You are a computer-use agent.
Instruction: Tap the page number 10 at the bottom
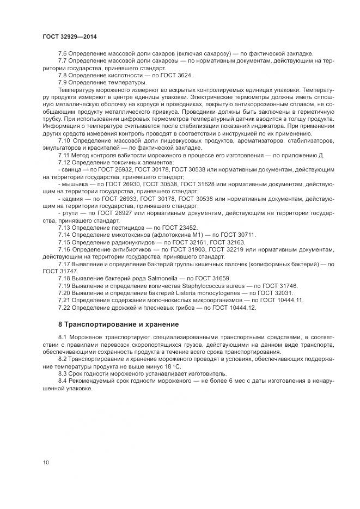click(x=46, y=462)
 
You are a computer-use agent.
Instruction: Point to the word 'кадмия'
click(x=71, y=199)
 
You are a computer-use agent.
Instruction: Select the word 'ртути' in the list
click(x=69, y=213)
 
